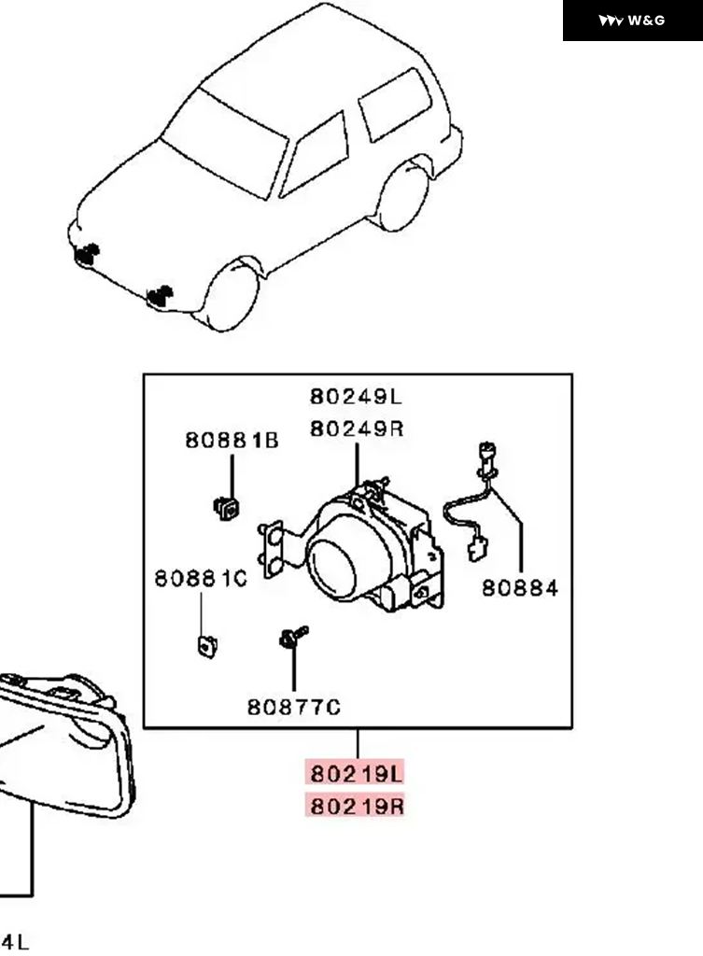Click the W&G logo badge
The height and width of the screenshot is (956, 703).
632,21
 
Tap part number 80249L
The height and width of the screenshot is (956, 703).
356,397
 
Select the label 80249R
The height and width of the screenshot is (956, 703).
356,429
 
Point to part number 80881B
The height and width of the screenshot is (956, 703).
232,441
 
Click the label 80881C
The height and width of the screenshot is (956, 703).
201,579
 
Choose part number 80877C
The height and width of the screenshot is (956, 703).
293,707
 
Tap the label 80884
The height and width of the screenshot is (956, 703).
520,587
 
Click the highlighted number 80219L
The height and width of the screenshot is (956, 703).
356,773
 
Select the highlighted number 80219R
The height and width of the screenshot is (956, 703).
356,805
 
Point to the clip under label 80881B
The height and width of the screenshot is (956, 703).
225,507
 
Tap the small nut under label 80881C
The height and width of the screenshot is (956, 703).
204,644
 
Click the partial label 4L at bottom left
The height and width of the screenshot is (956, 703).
14,942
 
